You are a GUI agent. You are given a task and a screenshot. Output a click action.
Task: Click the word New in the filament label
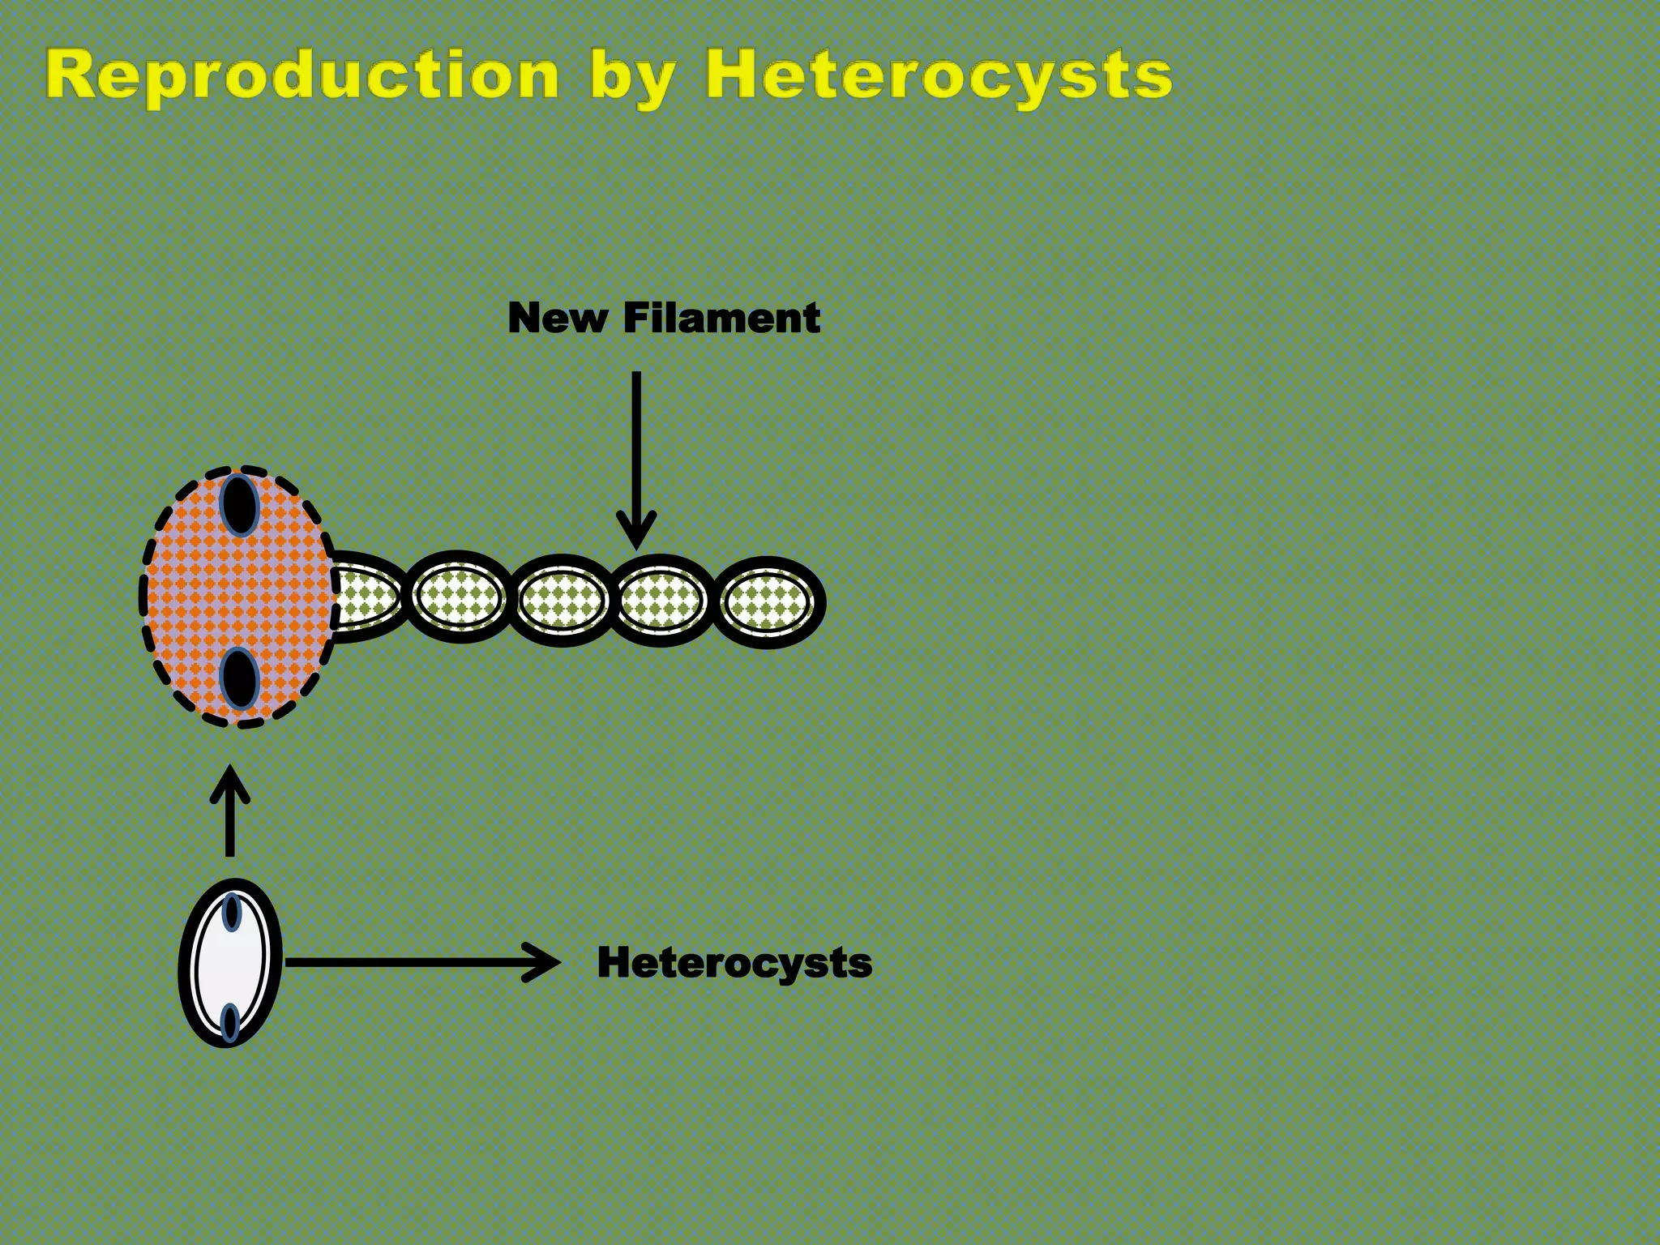click(x=557, y=318)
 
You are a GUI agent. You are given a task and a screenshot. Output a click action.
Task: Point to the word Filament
click(x=721, y=318)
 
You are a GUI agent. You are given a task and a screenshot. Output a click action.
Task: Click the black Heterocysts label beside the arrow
click(x=734, y=963)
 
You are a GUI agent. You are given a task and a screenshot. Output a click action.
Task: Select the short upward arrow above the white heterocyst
click(x=230, y=811)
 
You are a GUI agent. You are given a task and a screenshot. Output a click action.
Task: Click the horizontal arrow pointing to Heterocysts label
click(x=421, y=963)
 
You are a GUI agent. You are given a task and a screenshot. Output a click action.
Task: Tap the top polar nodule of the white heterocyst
click(x=232, y=912)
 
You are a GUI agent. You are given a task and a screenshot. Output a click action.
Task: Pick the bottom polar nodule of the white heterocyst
click(x=230, y=1022)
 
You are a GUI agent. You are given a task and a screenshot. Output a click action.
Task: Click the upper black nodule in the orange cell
click(x=240, y=505)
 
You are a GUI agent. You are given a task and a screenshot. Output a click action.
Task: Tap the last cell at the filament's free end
click(x=767, y=602)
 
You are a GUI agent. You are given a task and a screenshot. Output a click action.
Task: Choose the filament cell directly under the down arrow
click(x=662, y=601)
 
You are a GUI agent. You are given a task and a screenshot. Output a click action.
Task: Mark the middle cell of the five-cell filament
click(x=563, y=601)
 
